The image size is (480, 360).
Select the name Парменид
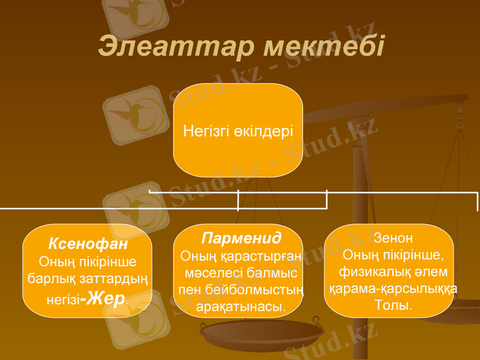point(241,238)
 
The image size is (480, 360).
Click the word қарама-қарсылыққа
point(393,289)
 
